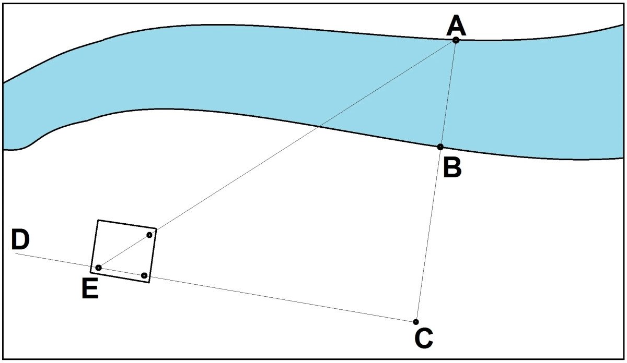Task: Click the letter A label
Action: tap(456, 26)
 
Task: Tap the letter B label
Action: tap(452, 167)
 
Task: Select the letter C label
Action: tap(424, 338)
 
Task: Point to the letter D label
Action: tap(20, 239)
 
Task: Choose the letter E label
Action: tap(90, 288)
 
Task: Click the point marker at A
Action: tap(456, 40)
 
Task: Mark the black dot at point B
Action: tap(440, 147)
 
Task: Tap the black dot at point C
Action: tap(416, 322)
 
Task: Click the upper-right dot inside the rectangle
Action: tap(149, 235)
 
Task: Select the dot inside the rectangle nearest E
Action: tap(99, 268)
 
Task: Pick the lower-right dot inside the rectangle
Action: tap(144, 275)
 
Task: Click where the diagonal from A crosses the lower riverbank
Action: tap(317, 127)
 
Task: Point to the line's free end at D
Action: tap(16, 253)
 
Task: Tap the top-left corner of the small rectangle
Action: tap(98, 220)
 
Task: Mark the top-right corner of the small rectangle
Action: tap(156, 229)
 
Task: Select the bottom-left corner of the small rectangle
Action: tap(91, 272)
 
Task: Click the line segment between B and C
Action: tap(428, 234)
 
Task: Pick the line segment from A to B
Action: tap(448, 93)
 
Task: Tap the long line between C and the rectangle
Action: tap(283, 299)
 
